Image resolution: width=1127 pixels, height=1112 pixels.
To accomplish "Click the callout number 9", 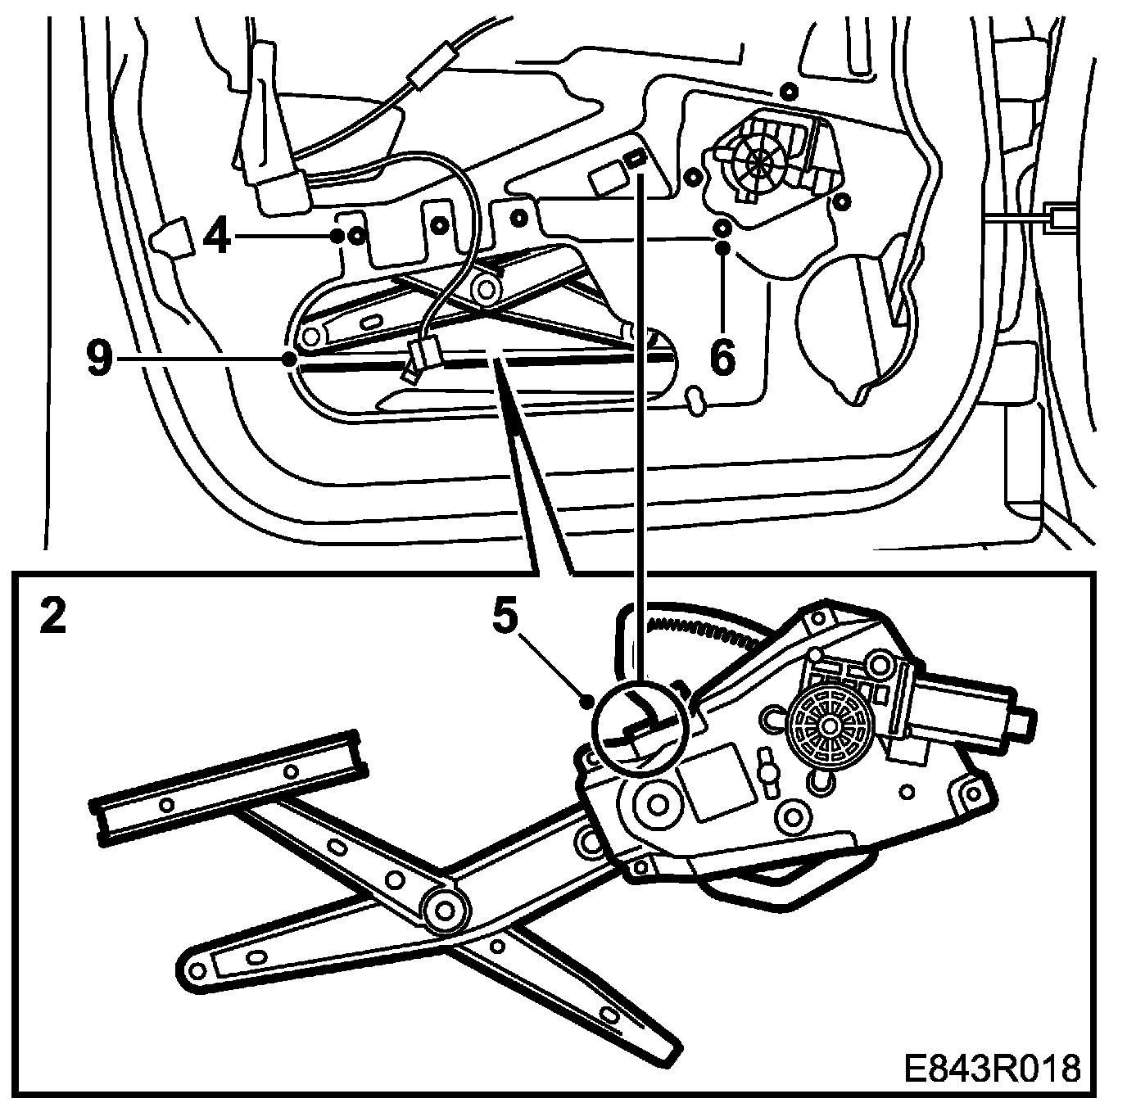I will tap(99, 359).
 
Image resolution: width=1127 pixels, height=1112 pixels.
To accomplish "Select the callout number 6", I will tap(722, 358).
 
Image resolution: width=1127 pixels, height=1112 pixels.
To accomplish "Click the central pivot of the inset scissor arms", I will tap(445, 908).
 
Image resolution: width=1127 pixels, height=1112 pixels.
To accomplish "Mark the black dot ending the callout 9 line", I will tap(288, 359).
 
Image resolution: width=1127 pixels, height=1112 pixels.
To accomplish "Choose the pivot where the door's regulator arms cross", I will tap(488, 288).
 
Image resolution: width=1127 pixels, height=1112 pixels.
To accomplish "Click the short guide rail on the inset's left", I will tap(229, 786).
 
